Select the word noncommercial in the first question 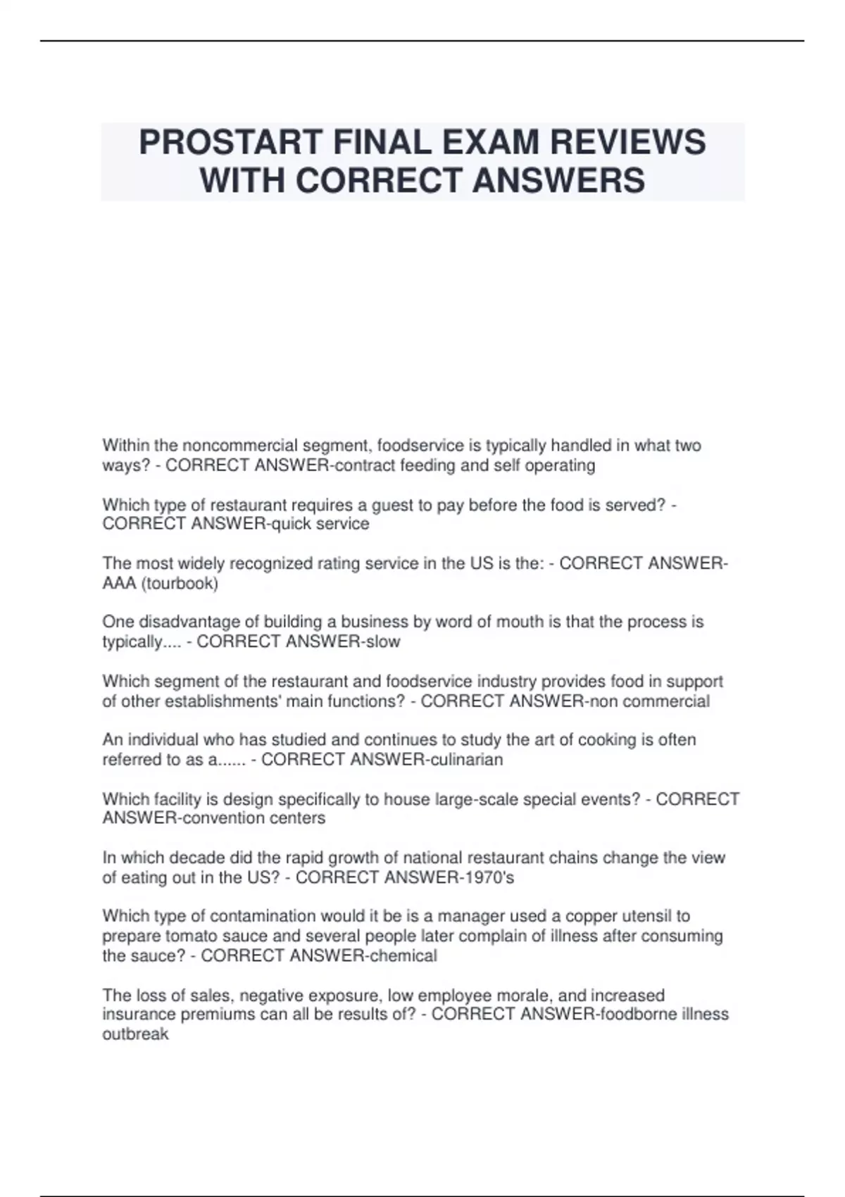240,446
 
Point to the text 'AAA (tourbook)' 161,583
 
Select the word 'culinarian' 465,760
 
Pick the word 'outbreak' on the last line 135,1034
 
